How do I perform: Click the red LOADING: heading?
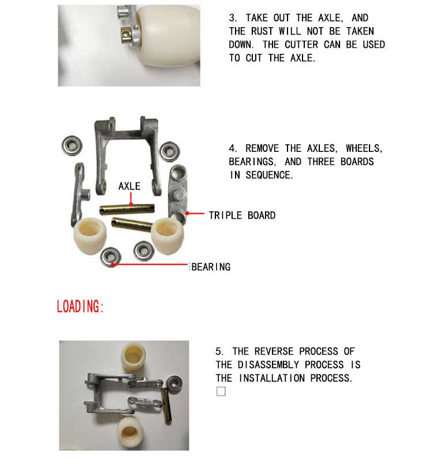[80, 306]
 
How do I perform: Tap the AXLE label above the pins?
[129, 186]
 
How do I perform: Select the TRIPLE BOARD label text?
[242, 215]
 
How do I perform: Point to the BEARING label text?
[211, 267]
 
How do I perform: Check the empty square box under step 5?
[221, 392]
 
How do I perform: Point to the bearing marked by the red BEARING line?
[109, 256]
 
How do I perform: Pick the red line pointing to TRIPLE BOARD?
[197, 214]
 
